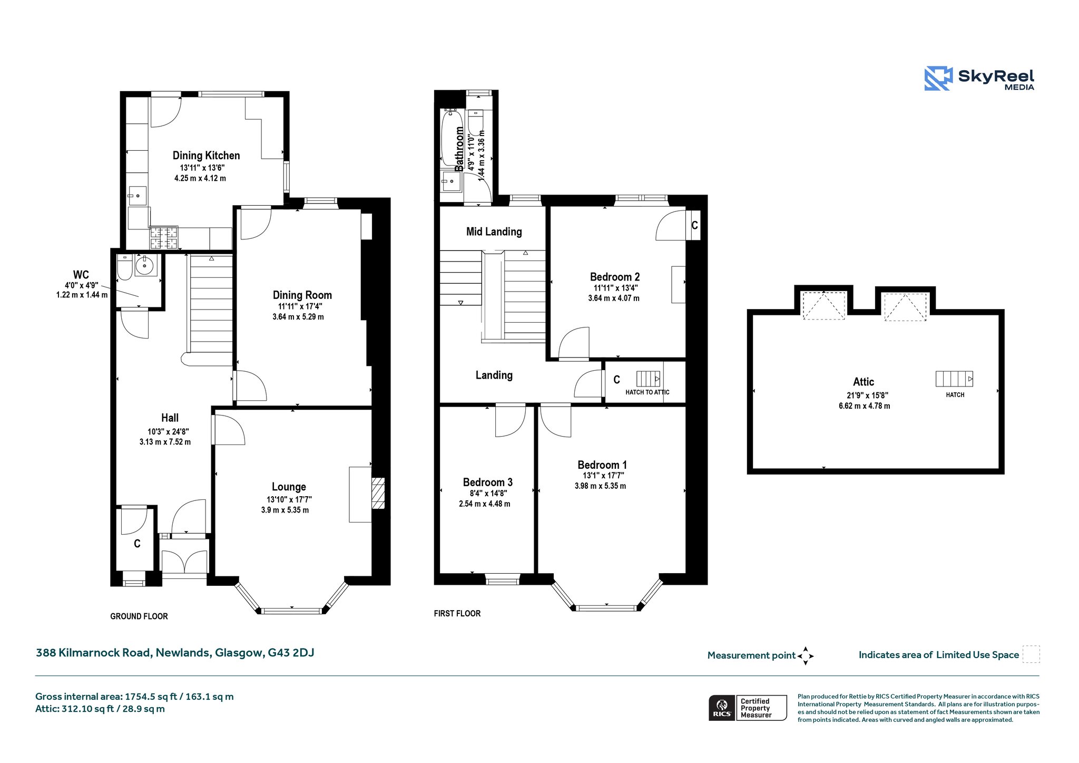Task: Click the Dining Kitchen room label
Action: point(206,156)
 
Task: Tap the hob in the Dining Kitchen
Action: point(164,238)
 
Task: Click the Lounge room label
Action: point(289,487)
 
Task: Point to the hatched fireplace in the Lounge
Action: point(378,493)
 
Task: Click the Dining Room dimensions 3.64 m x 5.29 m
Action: point(298,317)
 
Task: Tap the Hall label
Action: point(170,418)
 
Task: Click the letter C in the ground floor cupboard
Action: point(137,544)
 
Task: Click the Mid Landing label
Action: point(494,231)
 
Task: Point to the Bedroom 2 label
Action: point(615,277)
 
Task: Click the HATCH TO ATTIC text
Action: point(648,392)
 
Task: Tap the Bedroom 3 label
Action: point(488,482)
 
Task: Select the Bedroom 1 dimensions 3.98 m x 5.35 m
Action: point(601,486)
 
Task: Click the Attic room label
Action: point(864,382)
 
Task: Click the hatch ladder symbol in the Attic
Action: point(954,379)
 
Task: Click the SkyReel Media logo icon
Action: point(939,79)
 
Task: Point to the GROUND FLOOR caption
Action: point(139,616)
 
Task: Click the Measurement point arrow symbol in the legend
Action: point(806,656)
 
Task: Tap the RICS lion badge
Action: point(722,708)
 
